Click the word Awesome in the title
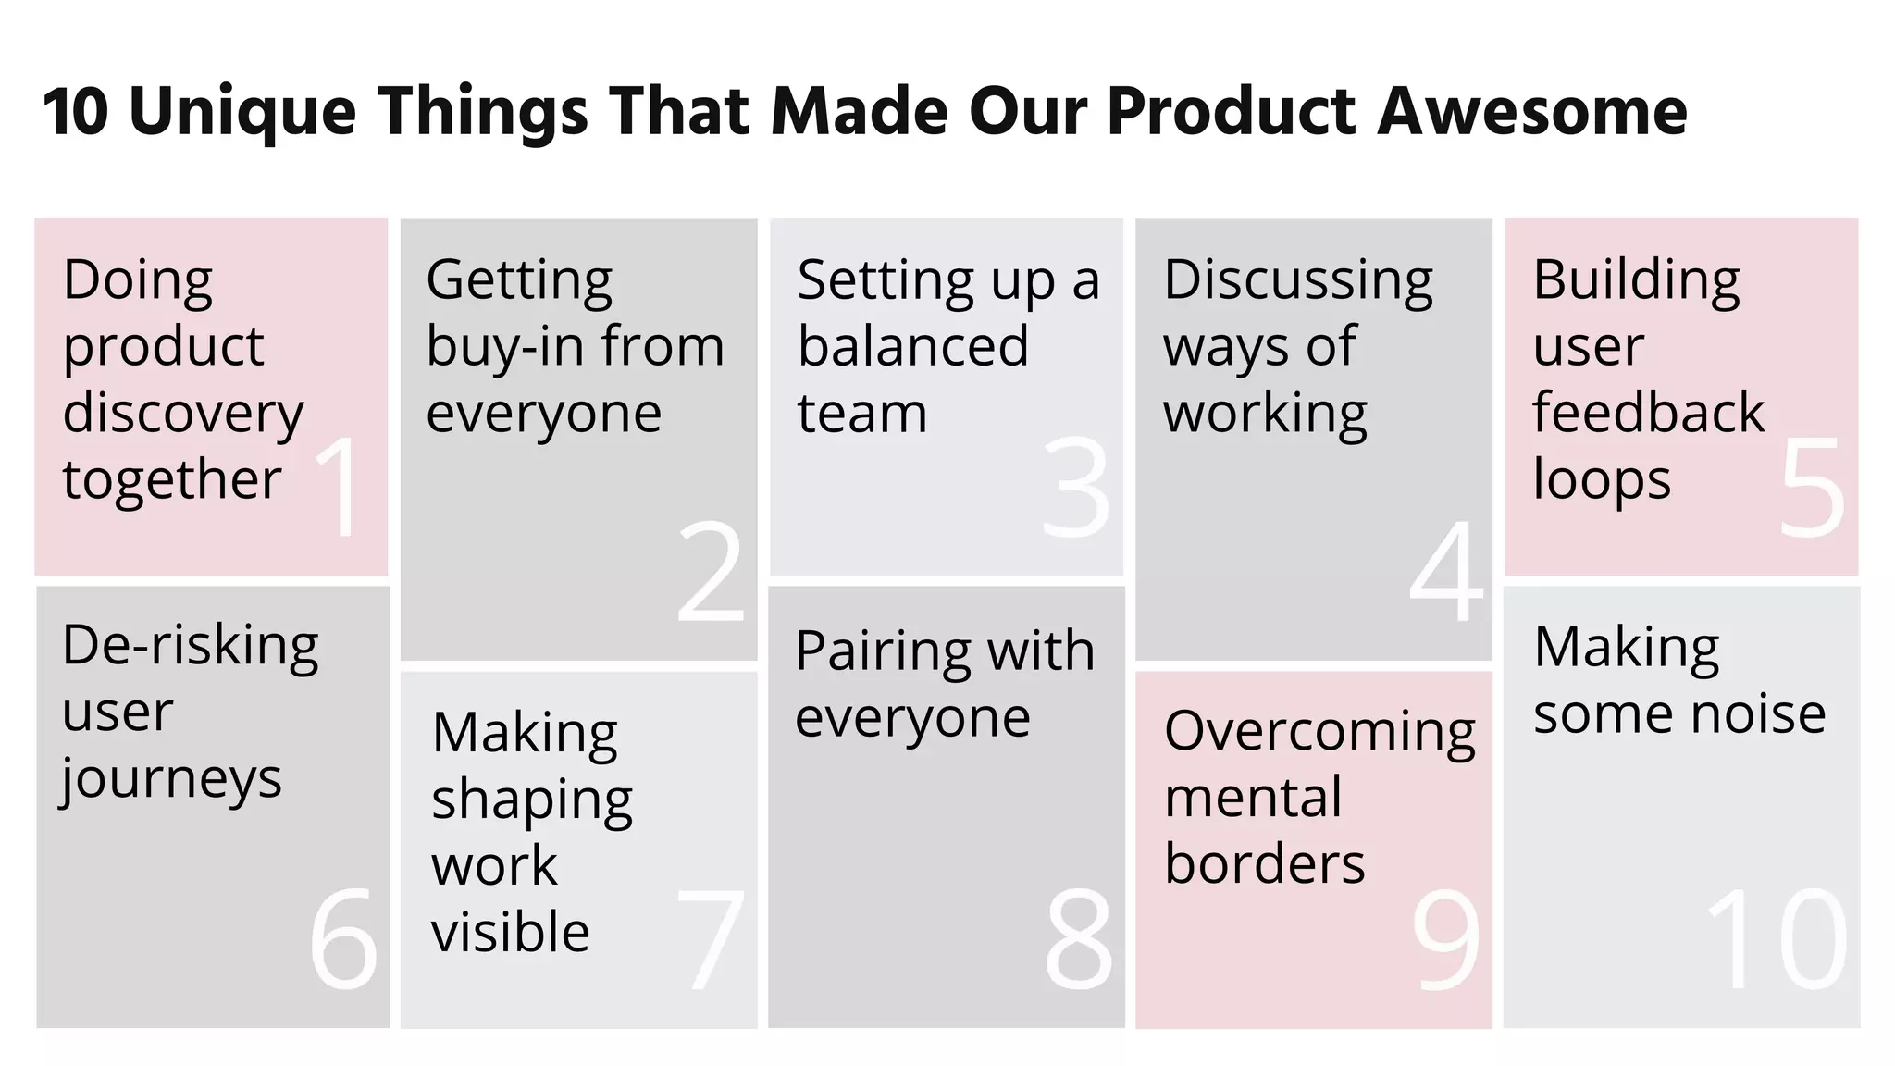point(1532,111)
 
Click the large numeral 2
point(711,571)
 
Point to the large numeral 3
point(1076,488)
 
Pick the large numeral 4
point(1446,571)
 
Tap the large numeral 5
point(1812,488)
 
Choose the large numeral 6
point(343,938)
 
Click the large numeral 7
point(711,938)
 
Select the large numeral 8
point(1079,938)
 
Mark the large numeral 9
point(1446,938)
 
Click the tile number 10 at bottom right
point(1777,938)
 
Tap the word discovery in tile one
point(183,413)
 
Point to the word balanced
point(912,346)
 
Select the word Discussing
point(1298,281)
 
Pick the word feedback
point(1648,412)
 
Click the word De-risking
point(191,645)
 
